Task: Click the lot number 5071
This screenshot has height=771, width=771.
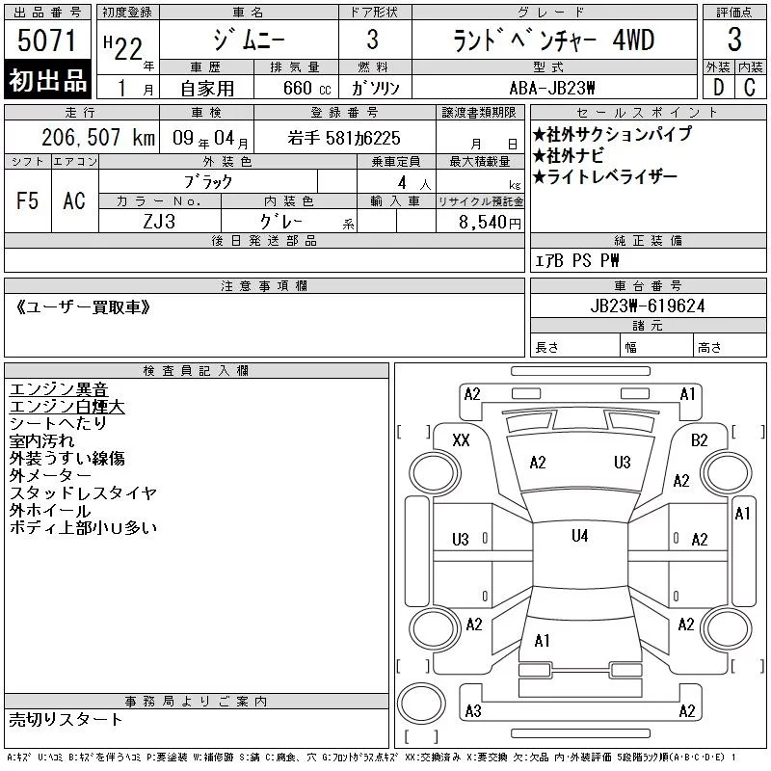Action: tap(46, 40)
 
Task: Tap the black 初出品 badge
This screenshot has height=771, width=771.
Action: tap(47, 79)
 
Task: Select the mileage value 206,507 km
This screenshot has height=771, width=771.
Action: tap(98, 137)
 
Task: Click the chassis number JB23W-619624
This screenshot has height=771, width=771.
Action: tap(648, 306)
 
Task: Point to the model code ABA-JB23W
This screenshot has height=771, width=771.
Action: tap(552, 88)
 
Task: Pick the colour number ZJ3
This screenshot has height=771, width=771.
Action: tap(159, 222)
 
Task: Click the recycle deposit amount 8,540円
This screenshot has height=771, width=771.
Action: tap(490, 222)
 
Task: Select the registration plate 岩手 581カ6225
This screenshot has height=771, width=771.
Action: tap(344, 138)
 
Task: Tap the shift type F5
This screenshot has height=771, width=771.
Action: tap(27, 200)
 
